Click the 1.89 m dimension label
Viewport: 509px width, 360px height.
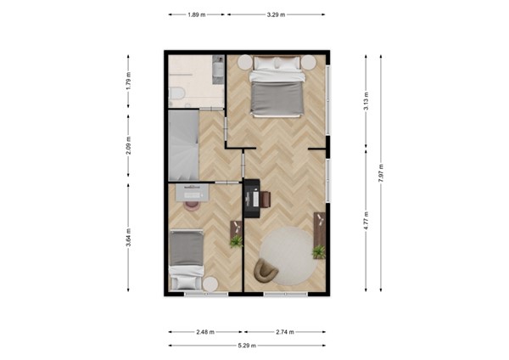click(x=197, y=14)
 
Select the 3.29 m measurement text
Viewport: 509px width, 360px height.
click(x=276, y=14)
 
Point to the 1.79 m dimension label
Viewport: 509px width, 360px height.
click(x=129, y=82)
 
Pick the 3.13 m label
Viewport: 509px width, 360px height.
click(x=366, y=102)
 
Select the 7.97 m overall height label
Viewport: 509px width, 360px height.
click(x=381, y=175)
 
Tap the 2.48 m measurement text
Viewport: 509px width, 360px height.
click(x=204, y=332)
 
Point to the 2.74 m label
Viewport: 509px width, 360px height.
click(x=283, y=332)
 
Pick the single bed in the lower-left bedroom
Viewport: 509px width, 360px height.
click(x=186, y=257)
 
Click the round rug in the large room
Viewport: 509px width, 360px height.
click(x=286, y=256)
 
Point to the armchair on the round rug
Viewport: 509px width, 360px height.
click(x=266, y=268)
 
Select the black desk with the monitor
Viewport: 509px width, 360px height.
click(x=252, y=197)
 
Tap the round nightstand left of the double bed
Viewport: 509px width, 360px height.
click(x=245, y=62)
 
